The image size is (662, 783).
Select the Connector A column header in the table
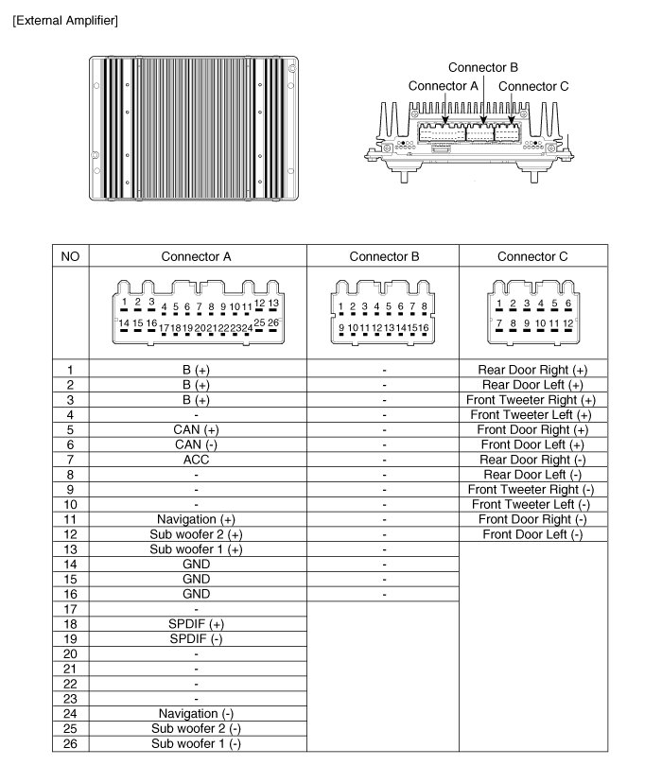(x=196, y=256)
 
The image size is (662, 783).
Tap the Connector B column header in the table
(x=383, y=256)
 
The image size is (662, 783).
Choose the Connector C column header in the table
(x=532, y=256)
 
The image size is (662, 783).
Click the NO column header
(x=70, y=256)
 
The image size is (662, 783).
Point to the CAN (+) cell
(x=196, y=429)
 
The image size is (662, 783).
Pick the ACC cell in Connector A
(x=196, y=460)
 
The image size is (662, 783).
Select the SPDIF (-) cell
(x=196, y=638)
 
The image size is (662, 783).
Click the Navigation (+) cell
(x=196, y=519)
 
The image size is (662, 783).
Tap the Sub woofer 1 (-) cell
(x=196, y=743)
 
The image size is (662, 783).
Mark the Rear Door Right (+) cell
(x=532, y=370)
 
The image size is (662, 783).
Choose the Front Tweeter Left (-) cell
(x=532, y=504)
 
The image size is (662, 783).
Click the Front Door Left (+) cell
(x=532, y=444)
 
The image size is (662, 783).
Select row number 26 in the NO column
(x=69, y=743)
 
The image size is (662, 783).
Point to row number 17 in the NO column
(x=69, y=609)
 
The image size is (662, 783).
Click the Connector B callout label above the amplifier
(x=482, y=68)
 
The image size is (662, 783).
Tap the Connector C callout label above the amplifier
(x=533, y=86)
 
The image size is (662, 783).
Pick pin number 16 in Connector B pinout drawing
(x=424, y=327)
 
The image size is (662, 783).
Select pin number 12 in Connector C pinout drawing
(x=568, y=323)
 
